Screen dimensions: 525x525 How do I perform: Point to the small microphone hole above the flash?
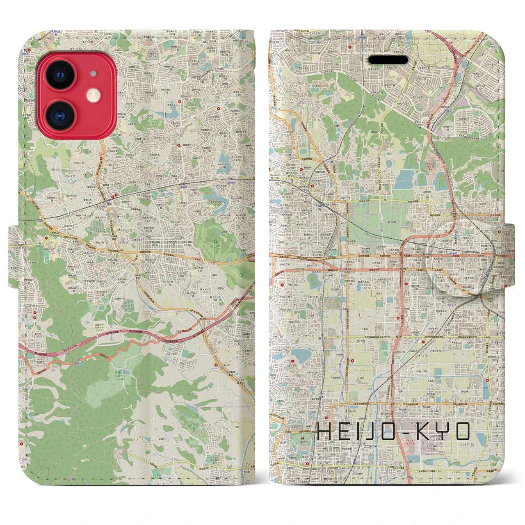94,74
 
